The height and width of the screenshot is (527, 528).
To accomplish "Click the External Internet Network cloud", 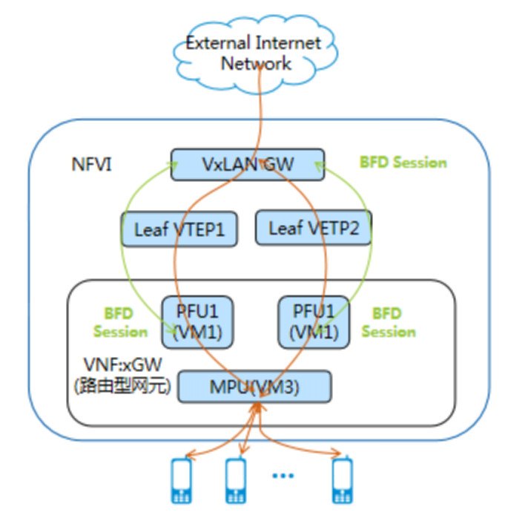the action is (x=256, y=54).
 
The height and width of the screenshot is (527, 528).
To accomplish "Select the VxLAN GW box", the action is (x=248, y=165).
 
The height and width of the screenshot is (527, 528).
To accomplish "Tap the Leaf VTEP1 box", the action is (x=179, y=229).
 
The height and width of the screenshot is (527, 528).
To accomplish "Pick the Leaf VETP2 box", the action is (x=314, y=227).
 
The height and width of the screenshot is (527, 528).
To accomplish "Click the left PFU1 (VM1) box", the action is (x=197, y=322).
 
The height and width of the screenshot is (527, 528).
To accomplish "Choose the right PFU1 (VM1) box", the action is (x=314, y=322).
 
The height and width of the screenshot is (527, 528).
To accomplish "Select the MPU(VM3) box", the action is (x=254, y=387).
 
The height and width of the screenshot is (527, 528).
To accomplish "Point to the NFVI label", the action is (x=92, y=165).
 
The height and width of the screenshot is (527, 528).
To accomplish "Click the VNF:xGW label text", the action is (x=122, y=364).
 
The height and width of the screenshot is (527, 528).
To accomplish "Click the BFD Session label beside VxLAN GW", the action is (x=403, y=163).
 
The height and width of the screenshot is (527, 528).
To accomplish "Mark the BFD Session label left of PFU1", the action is (x=120, y=322).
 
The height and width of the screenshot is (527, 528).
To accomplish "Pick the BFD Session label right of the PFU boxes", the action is (x=389, y=322).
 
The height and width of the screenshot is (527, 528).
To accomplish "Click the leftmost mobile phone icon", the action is (x=182, y=480).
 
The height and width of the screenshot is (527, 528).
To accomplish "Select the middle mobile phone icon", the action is (x=236, y=480).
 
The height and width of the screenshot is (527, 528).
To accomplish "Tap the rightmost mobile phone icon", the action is (x=343, y=479).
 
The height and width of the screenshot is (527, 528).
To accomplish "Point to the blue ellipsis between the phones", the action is (x=283, y=476).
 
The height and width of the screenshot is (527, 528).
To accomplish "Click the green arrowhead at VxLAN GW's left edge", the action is (x=173, y=165).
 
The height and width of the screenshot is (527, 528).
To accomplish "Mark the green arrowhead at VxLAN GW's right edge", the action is (x=320, y=166).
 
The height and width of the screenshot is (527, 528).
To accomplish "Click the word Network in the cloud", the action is (x=256, y=63).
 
